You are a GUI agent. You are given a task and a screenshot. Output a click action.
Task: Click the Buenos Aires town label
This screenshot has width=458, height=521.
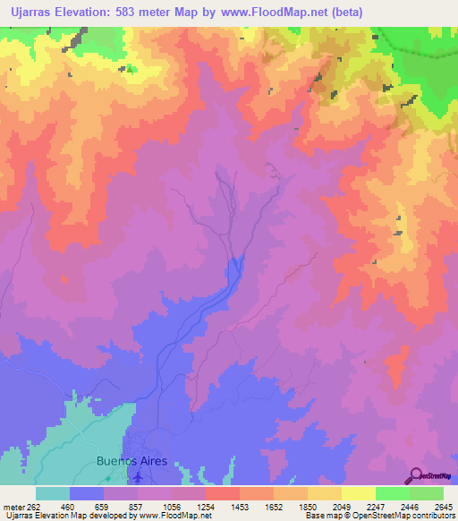pos(131,462)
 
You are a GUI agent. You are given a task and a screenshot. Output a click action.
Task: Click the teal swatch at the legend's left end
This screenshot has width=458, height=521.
pos(53,493)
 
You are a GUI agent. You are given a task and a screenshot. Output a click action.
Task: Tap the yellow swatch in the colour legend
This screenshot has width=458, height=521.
pos(359,493)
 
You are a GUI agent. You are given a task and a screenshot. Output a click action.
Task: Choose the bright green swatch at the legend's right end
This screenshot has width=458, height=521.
pos(427,493)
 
